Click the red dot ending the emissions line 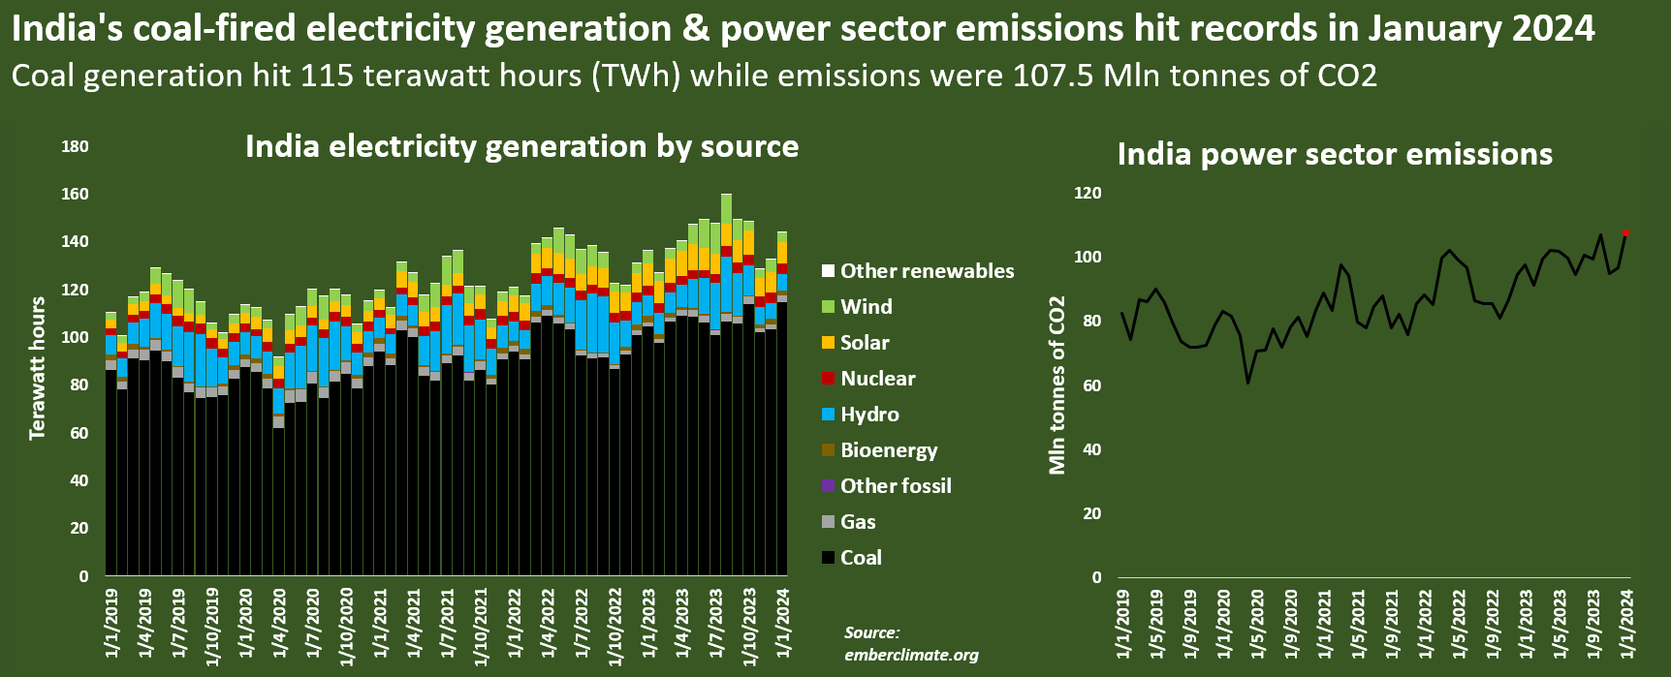tap(1625, 233)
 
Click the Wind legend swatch tap(828, 307)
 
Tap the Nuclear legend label tap(877, 379)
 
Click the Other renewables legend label tap(927, 271)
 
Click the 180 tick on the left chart tap(75, 146)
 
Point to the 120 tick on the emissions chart tap(1088, 193)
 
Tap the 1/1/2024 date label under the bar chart tap(782, 622)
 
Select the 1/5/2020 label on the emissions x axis tap(1257, 622)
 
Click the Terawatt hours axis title tap(38, 368)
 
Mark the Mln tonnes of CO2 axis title tap(1056, 385)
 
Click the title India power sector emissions tap(1335, 154)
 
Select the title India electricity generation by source tap(521, 146)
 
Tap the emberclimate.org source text tap(911, 655)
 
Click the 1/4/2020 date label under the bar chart tap(278, 622)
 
